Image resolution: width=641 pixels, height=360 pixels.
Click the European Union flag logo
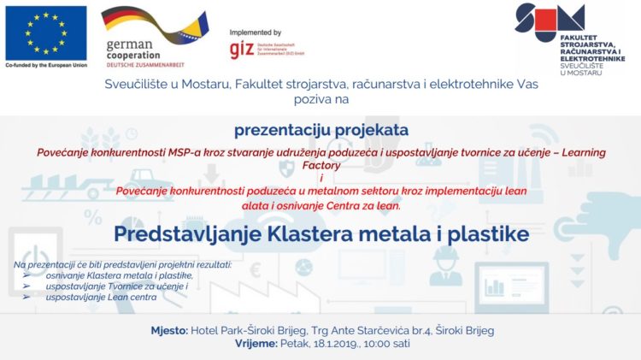(45, 32)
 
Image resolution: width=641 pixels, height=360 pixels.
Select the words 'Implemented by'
(257, 32)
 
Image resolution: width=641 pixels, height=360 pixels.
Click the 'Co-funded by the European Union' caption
(46, 66)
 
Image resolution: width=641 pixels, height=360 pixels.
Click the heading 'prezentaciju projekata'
(321, 130)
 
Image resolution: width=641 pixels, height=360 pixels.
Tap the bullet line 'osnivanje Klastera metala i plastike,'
(119, 275)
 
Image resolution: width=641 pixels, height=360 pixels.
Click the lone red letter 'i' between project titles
(321, 177)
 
